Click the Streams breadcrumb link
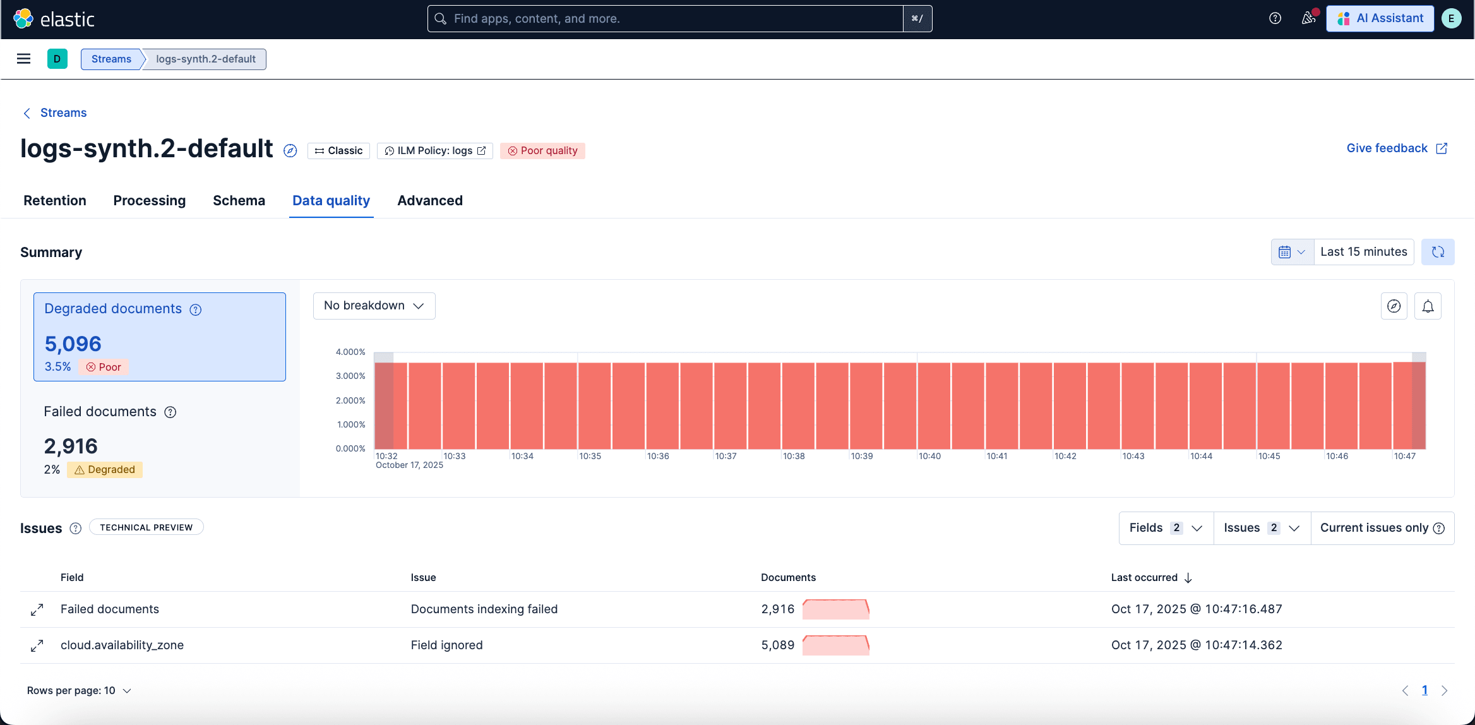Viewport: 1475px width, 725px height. (x=111, y=59)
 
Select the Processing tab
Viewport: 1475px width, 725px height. (x=149, y=200)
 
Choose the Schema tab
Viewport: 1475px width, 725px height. (x=239, y=200)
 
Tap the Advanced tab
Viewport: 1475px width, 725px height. (x=429, y=200)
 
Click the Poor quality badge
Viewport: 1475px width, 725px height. (x=542, y=150)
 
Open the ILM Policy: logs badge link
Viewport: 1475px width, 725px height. (x=434, y=150)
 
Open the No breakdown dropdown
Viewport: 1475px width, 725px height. (x=374, y=306)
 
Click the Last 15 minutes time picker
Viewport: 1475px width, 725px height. (x=1363, y=251)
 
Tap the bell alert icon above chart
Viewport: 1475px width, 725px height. (x=1428, y=306)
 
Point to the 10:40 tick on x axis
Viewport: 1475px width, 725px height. (x=929, y=456)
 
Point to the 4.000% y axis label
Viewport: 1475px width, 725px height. (x=350, y=352)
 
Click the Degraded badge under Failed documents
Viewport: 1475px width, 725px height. (x=105, y=469)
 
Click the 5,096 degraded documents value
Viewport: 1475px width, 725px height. (x=73, y=344)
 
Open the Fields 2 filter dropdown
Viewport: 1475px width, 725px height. (x=1166, y=528)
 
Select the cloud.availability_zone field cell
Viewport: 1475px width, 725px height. (x=122, y=645)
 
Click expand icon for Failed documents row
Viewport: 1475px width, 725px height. (x=37, y=609)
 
